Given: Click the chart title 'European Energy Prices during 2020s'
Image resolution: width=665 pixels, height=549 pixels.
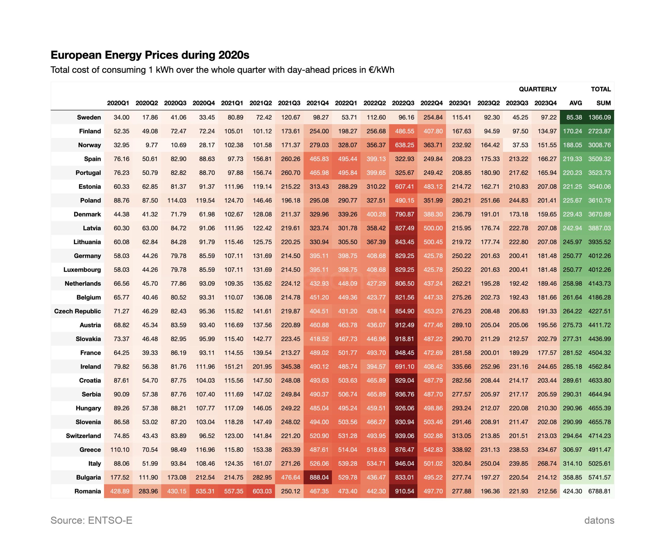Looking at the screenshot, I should coord(150,55).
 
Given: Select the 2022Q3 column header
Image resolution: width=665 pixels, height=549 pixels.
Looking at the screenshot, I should coord(403,103).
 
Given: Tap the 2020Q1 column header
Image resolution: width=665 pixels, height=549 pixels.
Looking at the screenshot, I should coord(118,103).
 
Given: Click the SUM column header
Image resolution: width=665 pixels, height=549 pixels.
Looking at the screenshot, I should coord(603,103).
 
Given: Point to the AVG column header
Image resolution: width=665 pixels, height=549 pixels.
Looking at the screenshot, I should coord(575,103).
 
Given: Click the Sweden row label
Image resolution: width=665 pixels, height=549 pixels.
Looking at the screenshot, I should coord(89,117).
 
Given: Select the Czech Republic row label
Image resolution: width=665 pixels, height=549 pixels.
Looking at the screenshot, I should coord(77,311).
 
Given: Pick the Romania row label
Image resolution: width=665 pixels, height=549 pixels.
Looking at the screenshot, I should coord(88,491).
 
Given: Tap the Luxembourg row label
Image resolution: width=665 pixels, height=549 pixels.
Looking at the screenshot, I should coord(82,270).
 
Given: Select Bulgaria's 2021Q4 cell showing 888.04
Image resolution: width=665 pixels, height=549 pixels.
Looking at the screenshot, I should coord(319,477).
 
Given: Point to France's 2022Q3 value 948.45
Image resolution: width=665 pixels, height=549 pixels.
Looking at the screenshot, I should coord(404,352).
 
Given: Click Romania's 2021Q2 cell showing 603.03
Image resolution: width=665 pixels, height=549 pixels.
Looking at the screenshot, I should coord(262,491).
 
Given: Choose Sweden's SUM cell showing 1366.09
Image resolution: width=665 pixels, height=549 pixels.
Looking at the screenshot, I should coord(599,117).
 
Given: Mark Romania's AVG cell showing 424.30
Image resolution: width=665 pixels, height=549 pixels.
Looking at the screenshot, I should coord(572,491).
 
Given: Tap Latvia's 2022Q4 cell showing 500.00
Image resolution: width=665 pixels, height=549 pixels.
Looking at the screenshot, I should coord(433,228).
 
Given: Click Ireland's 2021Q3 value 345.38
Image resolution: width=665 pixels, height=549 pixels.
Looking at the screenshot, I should coord(290,367).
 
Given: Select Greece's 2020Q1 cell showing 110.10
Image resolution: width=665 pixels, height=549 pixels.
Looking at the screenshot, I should coord(120,450).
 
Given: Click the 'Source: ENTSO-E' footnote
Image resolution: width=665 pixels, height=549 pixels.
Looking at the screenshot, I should coord(91,520).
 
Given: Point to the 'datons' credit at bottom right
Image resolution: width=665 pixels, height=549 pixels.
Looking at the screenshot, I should coord(599,520).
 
